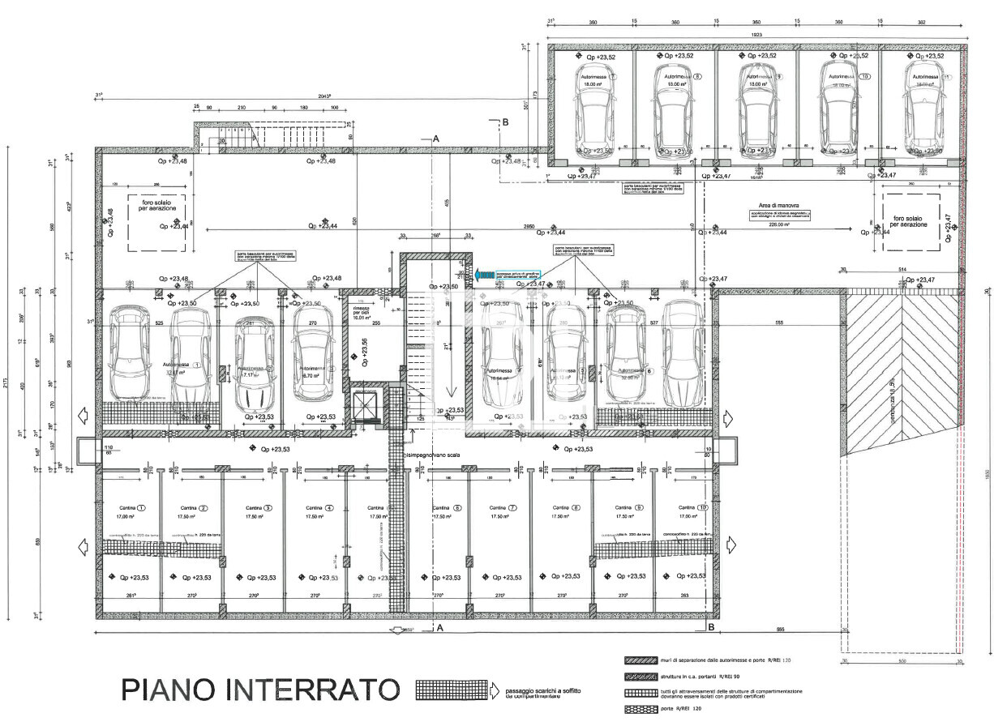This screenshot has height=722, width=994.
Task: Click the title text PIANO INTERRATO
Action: (260, 689)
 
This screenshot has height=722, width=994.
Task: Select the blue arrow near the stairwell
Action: (486, 276)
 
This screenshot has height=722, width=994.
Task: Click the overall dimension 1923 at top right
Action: (758, 36)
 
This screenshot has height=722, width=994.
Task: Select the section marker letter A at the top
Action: (435, 139)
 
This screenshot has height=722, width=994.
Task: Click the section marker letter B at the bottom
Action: (710, 626)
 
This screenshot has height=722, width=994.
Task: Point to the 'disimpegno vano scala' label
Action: (432, 455)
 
